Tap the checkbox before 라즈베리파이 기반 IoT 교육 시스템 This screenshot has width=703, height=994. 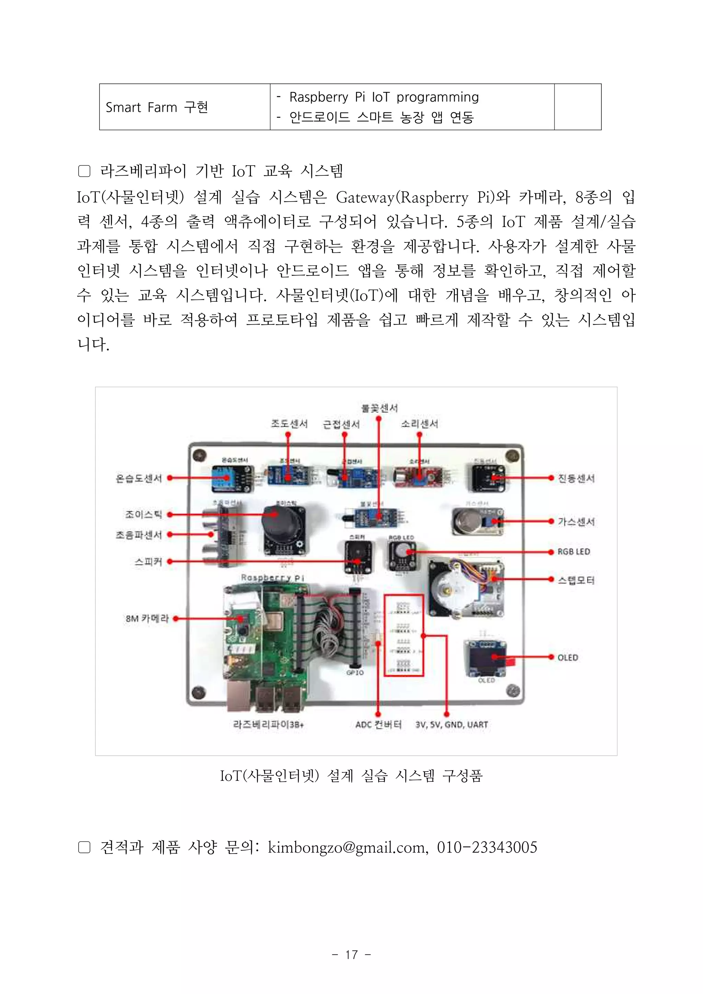tap(84, 171)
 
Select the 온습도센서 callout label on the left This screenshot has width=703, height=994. tap(139, 478)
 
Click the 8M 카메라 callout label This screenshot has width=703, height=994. tap(147, 619)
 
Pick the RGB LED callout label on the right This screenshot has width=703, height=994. tap(574, 551)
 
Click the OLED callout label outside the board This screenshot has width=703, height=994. tap(567, 658)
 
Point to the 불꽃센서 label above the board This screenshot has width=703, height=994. tap(379, 408)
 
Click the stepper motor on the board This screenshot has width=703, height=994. tap(448, 587)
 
